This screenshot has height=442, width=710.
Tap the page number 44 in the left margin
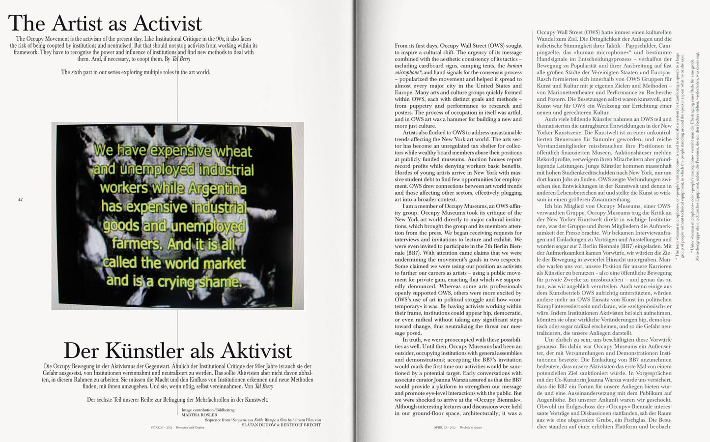[x=20, y=199]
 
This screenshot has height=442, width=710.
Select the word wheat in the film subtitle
[x=228, y=151]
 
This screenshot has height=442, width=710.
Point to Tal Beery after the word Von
[x=263, y=386]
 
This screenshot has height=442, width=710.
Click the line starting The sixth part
[x=136, y=72]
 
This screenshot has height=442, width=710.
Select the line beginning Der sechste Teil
[x=177, y=400]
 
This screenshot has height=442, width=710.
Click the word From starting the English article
[x=401, y=46]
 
